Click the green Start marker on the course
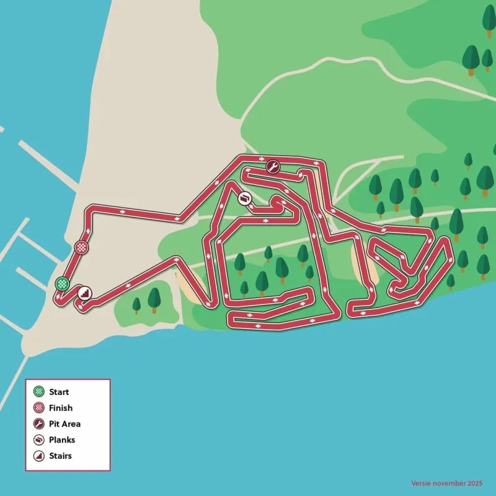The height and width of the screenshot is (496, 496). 61,284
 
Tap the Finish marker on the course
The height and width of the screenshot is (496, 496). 81,247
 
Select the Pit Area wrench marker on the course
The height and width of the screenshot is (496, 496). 272,166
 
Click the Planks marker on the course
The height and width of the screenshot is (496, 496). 245,198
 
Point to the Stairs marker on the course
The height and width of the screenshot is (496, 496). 84,292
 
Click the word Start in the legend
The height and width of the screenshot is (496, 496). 59,392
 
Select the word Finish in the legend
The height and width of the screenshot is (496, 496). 61,408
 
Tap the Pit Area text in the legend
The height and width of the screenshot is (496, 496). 64,424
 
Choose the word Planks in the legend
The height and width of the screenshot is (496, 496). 62,440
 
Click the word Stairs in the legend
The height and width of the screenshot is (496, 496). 61,456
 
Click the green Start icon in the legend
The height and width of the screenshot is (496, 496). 38,392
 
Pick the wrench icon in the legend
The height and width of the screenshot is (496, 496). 38,424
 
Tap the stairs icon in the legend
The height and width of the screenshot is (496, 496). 38,456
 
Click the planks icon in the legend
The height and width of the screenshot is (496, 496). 38,440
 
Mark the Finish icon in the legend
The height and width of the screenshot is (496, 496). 38,408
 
